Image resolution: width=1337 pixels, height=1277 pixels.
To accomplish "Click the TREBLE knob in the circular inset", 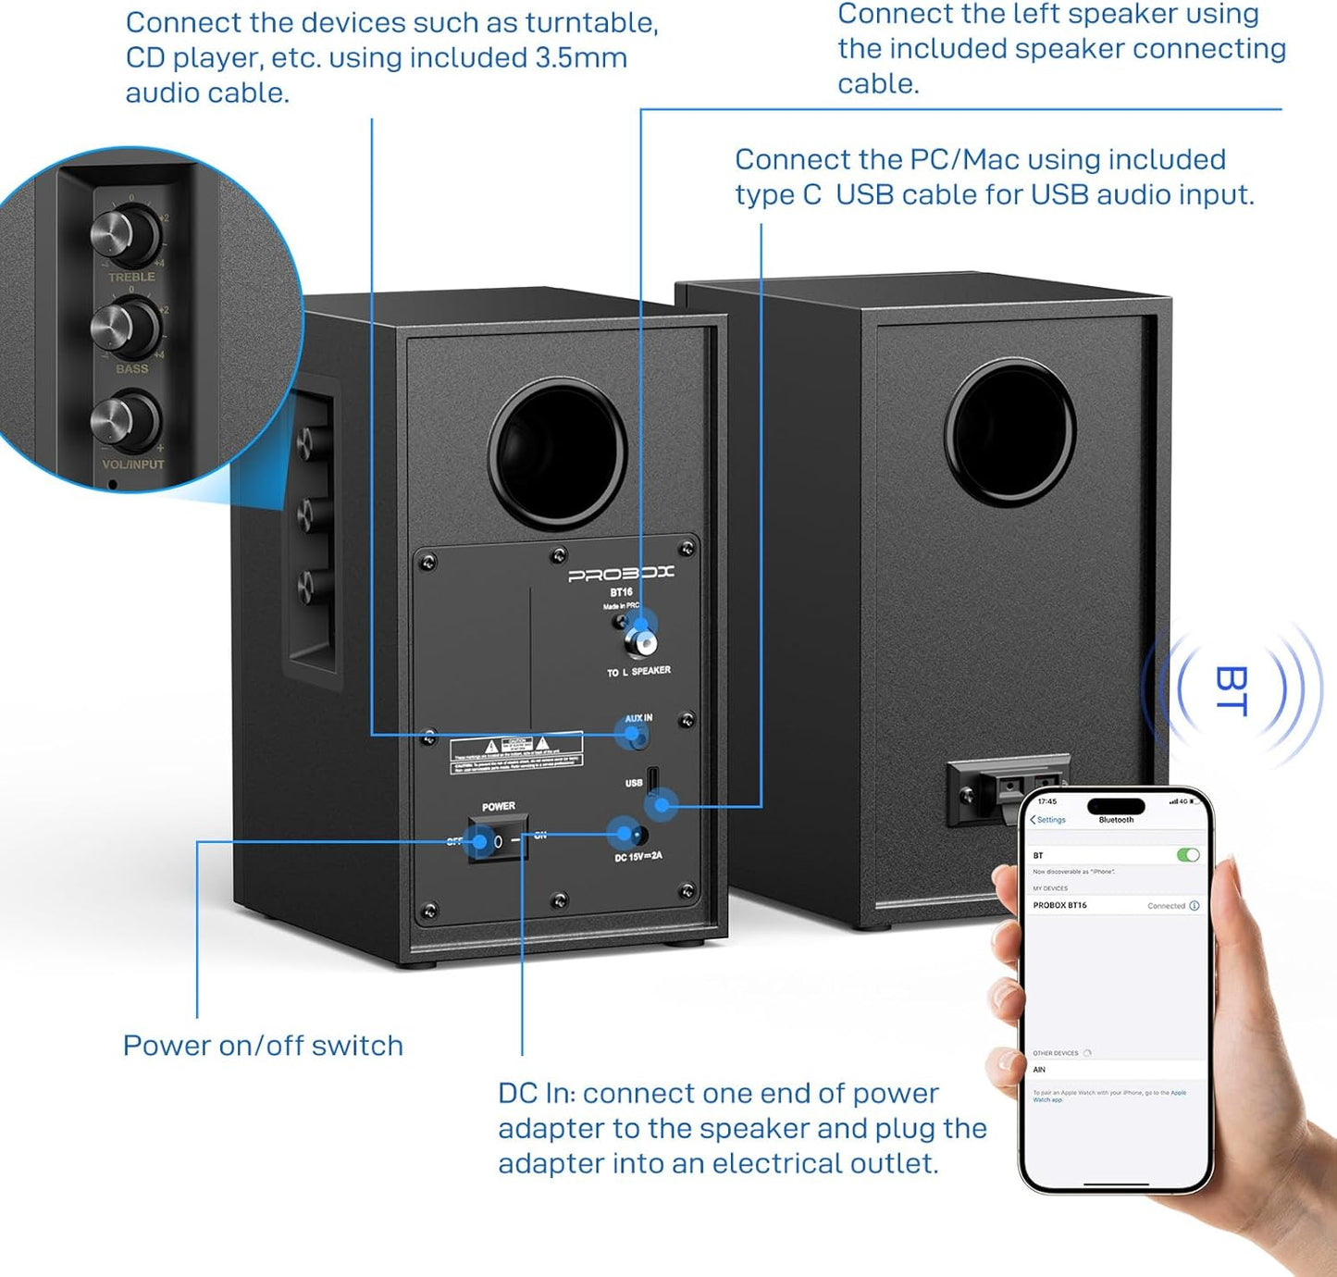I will (128, 234).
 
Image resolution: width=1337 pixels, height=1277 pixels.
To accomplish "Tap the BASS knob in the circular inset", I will (127, 325).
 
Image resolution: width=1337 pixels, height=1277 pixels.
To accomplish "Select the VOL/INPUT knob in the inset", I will (127, 421).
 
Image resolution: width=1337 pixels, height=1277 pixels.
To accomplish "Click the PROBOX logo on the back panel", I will (621, 574).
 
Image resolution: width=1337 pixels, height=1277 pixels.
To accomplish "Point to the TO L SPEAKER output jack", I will (640, 640).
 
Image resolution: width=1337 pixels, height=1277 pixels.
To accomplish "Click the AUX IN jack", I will (634, 737).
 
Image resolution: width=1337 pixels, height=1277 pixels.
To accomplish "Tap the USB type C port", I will (652, 779).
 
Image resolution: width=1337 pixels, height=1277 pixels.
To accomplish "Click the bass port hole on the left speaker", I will (558, 454).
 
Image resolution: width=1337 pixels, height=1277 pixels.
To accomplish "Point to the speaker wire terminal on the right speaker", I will (1007, 788).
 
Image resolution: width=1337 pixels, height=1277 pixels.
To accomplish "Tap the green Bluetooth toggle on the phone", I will (1188, 855).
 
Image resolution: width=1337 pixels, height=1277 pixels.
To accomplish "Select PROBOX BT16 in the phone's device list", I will (1060, 905).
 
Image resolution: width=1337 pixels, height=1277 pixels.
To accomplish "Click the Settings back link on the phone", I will (1048, 820).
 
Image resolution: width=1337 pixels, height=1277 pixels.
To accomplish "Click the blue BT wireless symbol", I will (1232, 689).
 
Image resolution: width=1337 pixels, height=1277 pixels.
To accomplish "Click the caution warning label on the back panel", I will (516, 753).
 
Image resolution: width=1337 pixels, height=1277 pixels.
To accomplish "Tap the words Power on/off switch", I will (263, 1046).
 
